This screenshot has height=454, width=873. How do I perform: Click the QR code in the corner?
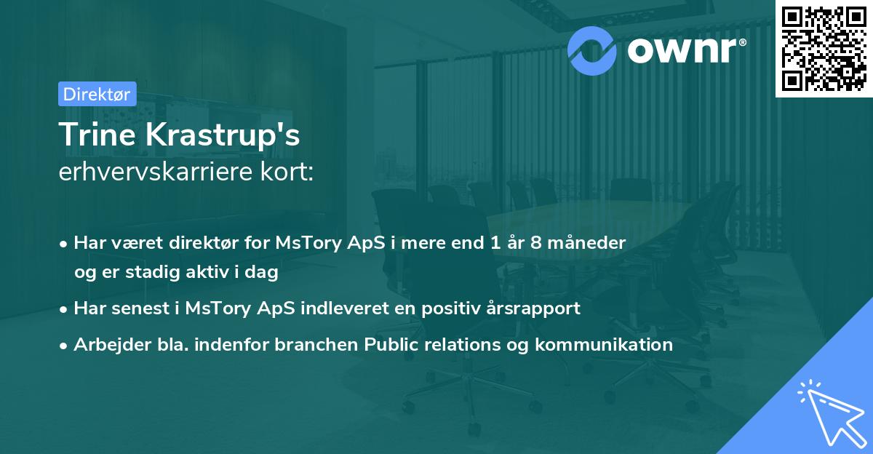pyautogui.click(x=824, y=48)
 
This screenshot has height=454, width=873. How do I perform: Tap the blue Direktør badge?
pyautogui.click(x=97, y=94)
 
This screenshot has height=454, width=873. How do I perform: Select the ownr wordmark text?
pyautogui.click(x=684, y=50)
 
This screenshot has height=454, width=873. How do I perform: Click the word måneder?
pyautogui.click(x=591, y=243)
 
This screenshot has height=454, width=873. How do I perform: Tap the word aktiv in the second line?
pyautogui.click(x=197, y=272)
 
